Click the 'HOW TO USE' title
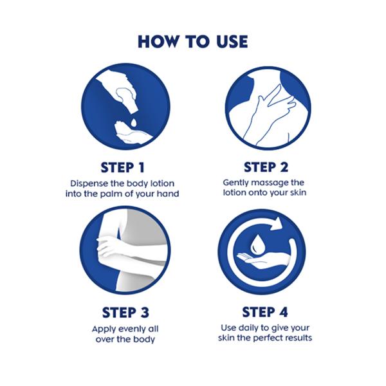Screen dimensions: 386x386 click(193, 41)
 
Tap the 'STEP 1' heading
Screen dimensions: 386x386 click(122, 168)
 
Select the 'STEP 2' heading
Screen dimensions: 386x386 click(266, 167)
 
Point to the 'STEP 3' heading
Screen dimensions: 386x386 click(125, 313)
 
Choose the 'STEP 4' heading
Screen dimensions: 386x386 click(265, 312)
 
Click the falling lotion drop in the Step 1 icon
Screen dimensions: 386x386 click(134, 123)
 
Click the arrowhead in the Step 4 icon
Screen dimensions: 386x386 click(277, 224)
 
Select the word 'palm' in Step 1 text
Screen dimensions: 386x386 click(111, 194)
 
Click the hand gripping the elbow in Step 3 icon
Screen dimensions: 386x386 click(108, 246)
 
